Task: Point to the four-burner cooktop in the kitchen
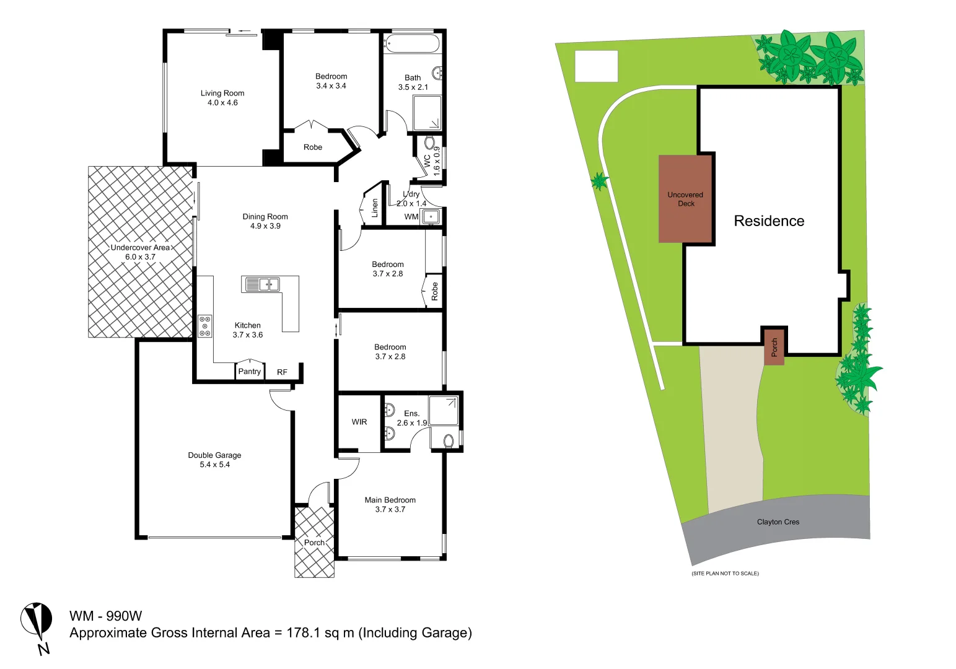204,326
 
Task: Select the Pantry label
249,372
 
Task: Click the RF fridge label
282,372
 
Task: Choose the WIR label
359,422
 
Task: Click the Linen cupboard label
374,208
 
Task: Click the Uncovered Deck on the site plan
685,199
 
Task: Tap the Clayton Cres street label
778,522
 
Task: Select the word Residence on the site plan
769,221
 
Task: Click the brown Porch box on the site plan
774,347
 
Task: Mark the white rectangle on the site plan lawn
596,66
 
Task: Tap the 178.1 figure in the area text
304,633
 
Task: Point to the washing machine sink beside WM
431,217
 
